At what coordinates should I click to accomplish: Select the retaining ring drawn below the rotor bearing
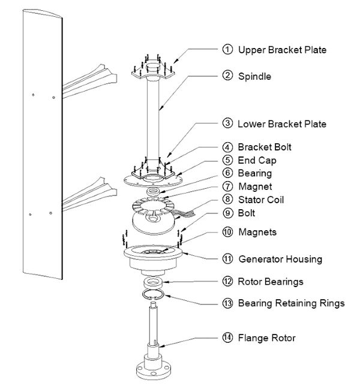tap(155, 295)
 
